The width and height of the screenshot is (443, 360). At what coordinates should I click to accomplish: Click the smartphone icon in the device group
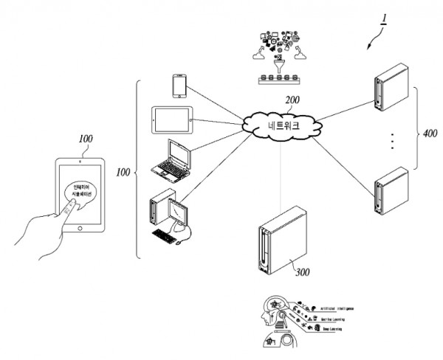pyautogui.click(x=178, y=86)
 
